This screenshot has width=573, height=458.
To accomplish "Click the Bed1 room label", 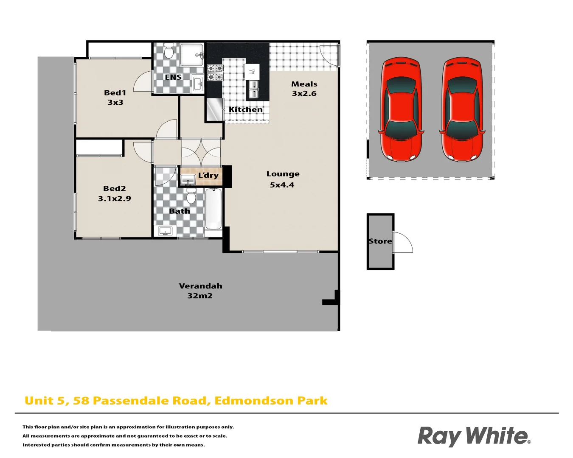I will pos(115,93).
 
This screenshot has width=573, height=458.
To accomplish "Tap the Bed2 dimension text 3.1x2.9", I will pos(115,198).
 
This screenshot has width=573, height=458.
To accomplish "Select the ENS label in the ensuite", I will pos(173,77).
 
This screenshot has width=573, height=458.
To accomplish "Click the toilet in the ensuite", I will pos(169,51).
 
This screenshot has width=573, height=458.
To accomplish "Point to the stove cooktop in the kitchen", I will pos(215,73).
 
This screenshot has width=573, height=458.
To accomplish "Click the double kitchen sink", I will pos(253,89).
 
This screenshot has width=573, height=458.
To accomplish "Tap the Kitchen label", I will pos(245,109).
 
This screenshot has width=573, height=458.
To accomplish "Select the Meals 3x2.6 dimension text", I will pos(304,94).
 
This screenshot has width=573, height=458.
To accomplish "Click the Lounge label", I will pos(283,174).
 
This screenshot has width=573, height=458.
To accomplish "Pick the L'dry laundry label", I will pos(208,175).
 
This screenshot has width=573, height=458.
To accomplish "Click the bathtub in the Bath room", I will pos(213,209).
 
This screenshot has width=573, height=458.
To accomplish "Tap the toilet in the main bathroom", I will pos(191,196).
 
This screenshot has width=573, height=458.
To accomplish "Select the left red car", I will pos(402,109).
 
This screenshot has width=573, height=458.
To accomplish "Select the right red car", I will pos(463,109).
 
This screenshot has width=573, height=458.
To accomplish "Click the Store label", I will pos(380,241).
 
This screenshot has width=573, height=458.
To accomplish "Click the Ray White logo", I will pos(474,436).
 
